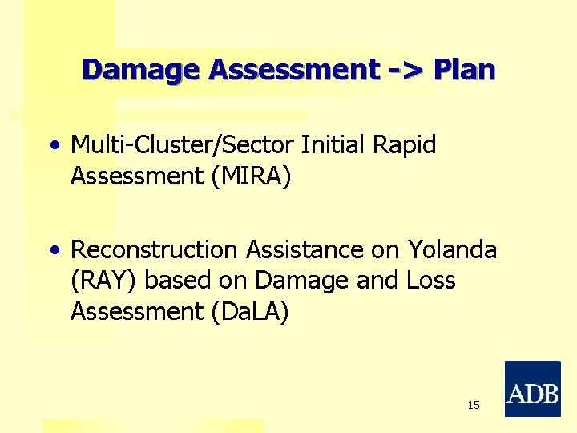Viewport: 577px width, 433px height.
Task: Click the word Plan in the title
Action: [464, 71]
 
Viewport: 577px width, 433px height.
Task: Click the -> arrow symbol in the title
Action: [406, 71]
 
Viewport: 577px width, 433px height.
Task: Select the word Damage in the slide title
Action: [142, 71]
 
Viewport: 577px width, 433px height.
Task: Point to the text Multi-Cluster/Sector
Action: [183, 145]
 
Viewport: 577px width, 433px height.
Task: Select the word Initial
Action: [332, 145]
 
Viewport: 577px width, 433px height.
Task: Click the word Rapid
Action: [404, 145]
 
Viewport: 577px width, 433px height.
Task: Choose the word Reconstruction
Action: [155, 250]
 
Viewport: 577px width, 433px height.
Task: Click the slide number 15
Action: [474, 406]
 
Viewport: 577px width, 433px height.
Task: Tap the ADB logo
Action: [532, 389]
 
